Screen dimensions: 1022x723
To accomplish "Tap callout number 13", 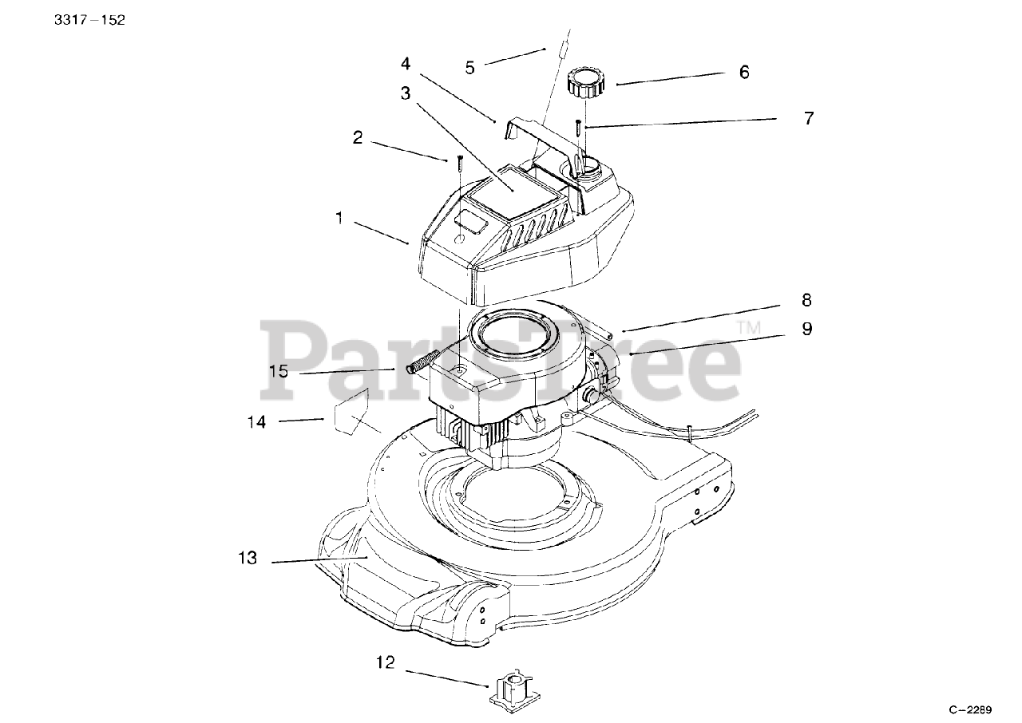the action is [x=248, y=558].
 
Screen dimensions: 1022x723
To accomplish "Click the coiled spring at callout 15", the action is [x=421, y=363].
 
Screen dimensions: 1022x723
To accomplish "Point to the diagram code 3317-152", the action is [x=89, y=20].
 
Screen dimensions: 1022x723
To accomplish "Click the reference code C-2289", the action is [x=969, y=709].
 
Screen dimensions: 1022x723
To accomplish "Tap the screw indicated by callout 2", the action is [x=460, y=164].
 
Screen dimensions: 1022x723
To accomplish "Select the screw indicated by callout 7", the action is [x=576, y=127].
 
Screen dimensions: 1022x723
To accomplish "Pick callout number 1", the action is [x=339, y=218].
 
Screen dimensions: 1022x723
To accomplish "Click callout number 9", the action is [x=806, y=328].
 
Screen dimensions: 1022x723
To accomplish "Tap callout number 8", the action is [x=806, y=300].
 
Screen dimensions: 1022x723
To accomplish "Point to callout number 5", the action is [x=469, y=68].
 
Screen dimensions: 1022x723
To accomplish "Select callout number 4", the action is [x=406, y=62].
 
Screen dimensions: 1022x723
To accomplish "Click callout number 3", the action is [x=406, y=93].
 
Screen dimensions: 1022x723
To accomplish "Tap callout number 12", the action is [x=386, y=662].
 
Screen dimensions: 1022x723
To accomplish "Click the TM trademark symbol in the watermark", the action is [x=749, y=326].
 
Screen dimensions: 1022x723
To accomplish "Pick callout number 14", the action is [x=256, y=421].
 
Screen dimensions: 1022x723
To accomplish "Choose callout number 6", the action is [x=744, y=72].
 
